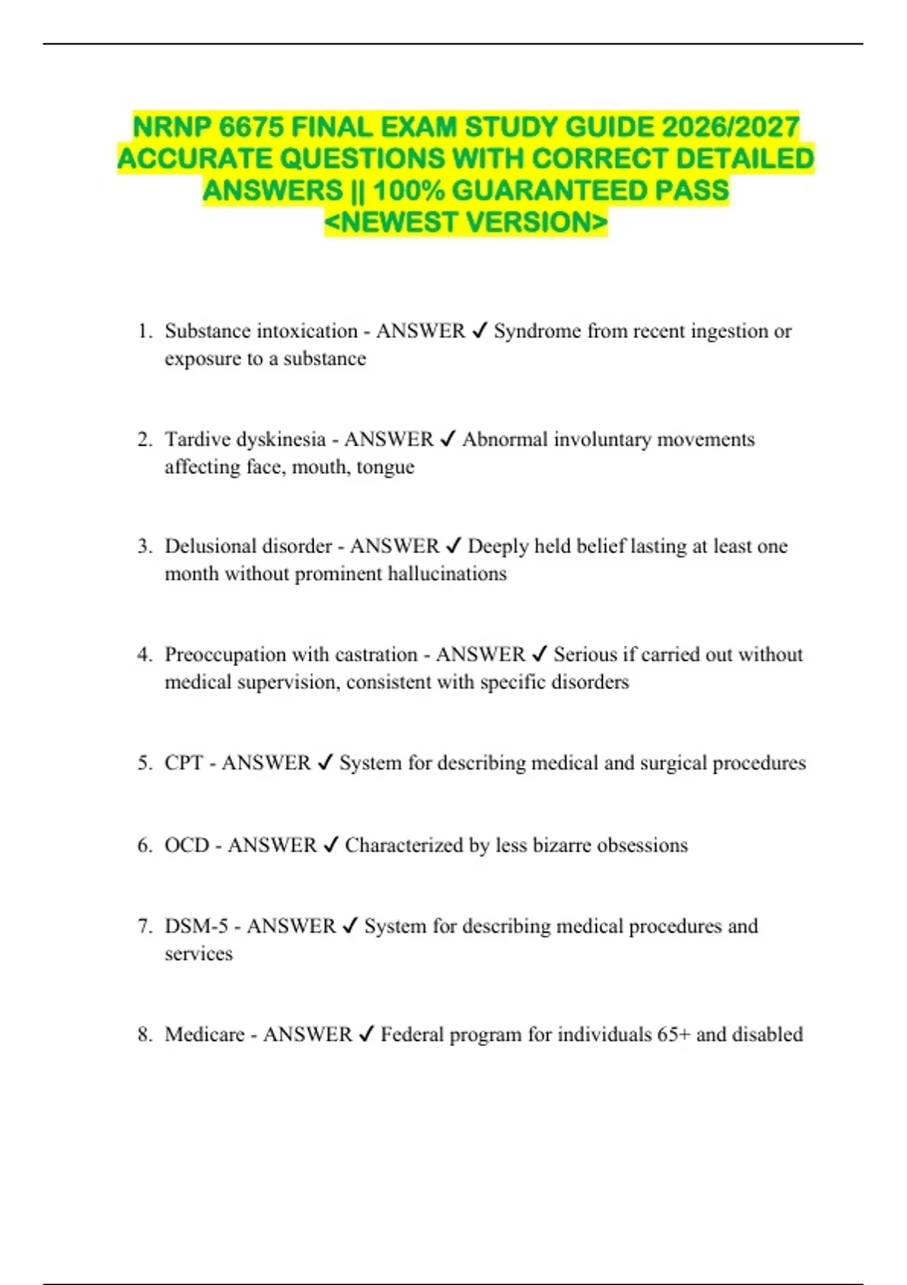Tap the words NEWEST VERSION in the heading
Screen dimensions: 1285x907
[x=466, y=223]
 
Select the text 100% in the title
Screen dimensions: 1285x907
[x=408, y=190]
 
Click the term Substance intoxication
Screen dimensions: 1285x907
[x=261, y=331]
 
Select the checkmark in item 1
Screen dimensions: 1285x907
[x=479, y=331]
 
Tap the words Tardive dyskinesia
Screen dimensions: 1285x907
[x=245, y=439]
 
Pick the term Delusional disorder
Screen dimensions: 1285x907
[x=249, y=547]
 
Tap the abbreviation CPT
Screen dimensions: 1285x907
[x=184, y=763]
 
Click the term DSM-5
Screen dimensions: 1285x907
[x=197, y=926]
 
